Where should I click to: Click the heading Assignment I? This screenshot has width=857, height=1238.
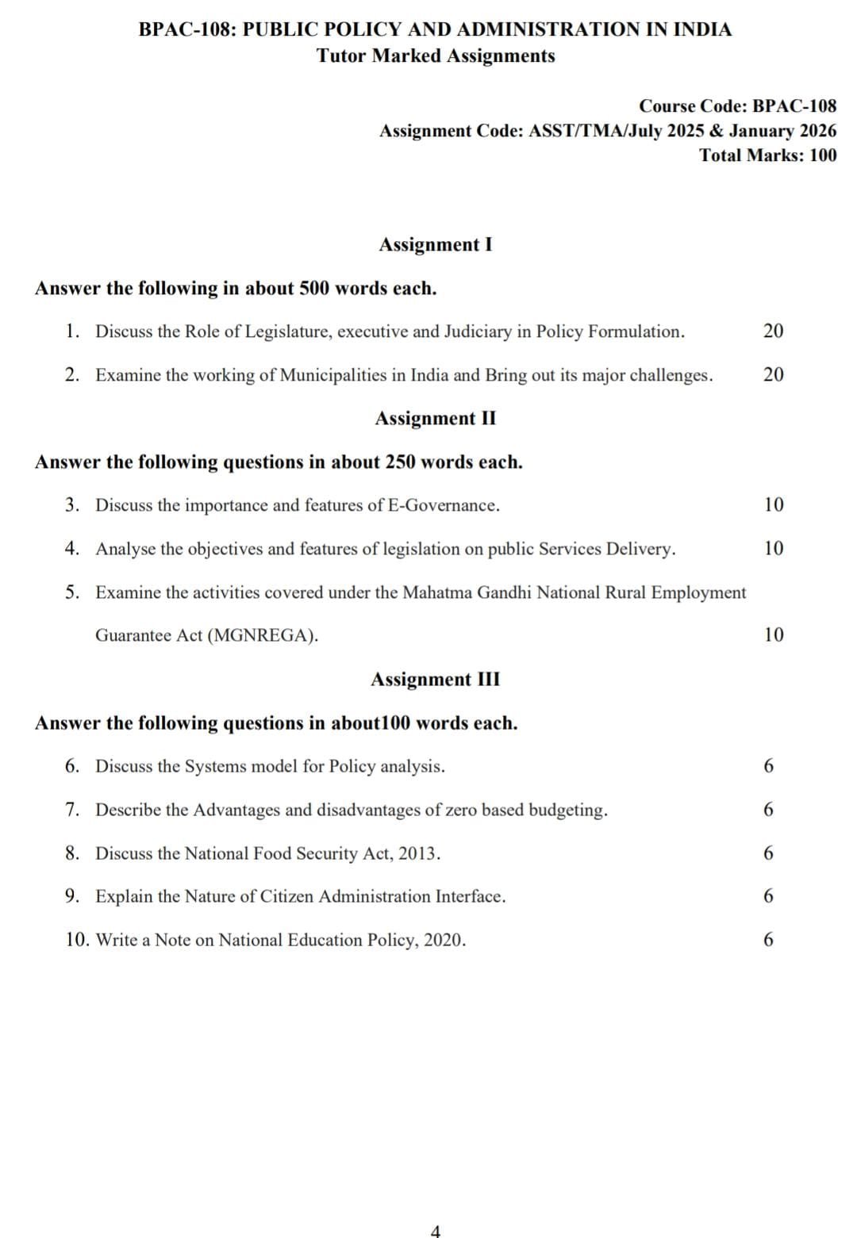[435, 244]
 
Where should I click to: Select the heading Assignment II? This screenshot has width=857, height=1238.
[435, 418]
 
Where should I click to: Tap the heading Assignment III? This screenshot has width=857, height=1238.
[435, 679]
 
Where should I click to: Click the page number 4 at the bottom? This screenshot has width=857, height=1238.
[435, 1231]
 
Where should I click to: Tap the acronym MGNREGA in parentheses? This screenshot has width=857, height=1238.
[263, 635]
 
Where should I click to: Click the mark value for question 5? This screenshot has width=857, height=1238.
[773, 634]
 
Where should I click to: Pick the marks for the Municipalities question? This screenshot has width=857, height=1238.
[773, 374]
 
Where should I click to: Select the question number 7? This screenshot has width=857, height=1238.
[72, 810]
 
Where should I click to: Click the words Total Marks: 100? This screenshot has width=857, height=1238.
[767, 155]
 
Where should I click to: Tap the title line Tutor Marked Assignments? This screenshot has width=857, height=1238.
[435, 56]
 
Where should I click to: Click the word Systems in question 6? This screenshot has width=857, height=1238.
[215, 766]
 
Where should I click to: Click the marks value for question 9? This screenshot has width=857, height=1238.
[767, 896]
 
